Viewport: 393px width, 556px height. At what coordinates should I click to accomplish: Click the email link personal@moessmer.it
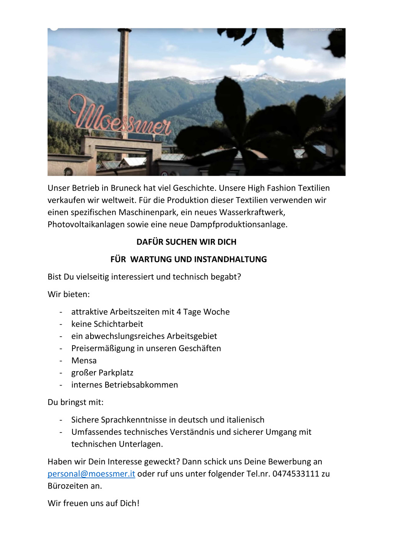91,474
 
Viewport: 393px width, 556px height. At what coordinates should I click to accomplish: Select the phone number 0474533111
296,474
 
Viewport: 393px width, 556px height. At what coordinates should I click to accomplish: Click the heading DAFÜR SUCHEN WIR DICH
187,242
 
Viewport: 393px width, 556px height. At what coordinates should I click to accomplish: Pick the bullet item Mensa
84,361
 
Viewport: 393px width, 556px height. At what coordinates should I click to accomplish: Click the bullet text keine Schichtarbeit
107,324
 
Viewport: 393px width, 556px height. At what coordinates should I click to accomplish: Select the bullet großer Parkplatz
102,373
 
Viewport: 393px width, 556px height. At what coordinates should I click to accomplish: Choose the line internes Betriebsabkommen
125,385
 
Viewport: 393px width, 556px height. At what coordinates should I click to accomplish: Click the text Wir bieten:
69,294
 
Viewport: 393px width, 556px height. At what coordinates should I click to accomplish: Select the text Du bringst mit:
76,402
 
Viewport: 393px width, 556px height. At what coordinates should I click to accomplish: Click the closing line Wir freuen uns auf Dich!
94,503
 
